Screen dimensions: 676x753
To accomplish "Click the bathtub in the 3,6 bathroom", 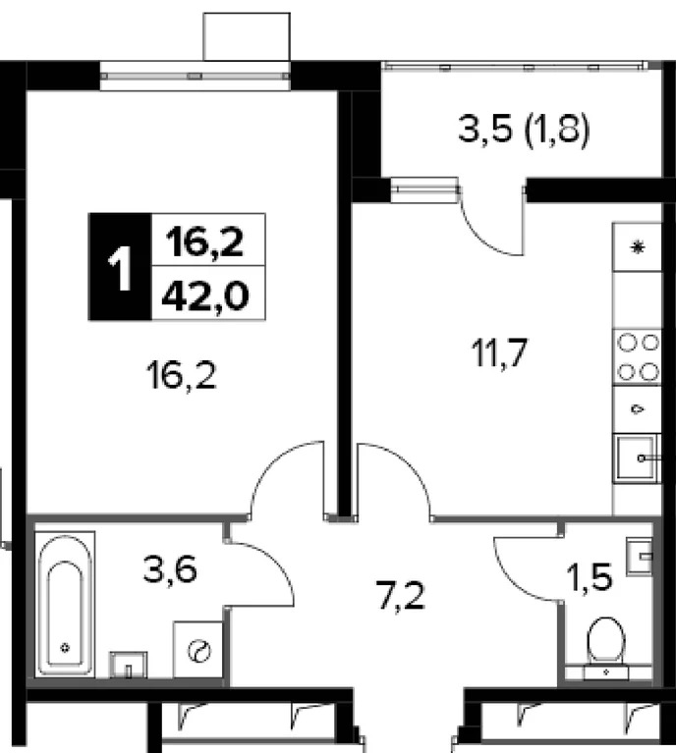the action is (x=66, y=605).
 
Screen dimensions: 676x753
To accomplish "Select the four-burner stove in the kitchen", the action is (x=638, y=357).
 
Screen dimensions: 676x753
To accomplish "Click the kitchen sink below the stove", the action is (x=637, y=458).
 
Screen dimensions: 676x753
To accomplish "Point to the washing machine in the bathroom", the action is (x=198, y=650).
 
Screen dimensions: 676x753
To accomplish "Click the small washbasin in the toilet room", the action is (x=640, y=556).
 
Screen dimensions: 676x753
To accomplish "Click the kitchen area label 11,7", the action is (x=500, y=353).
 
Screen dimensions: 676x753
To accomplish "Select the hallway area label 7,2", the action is (x=401, y=596).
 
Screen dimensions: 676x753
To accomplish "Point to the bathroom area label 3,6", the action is (x=170, y=569).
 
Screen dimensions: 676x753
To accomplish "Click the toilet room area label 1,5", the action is (x=590, y=576).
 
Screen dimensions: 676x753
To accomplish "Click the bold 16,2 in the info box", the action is (x=204, y=242).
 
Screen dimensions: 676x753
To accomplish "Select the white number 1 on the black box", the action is (x=120, y=267).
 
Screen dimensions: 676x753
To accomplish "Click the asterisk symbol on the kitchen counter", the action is (x=638, y=248).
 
